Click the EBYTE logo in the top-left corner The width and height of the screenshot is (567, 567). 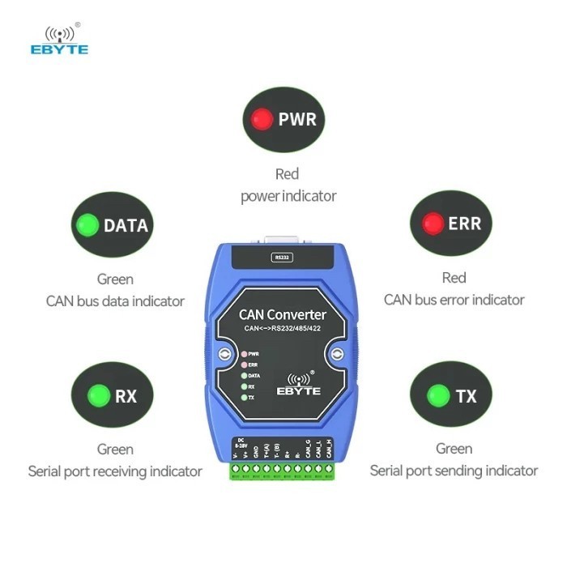59,40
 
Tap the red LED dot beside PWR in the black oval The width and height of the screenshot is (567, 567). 261,120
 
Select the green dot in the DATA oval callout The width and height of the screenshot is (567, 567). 87,225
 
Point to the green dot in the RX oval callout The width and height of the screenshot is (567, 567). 99,396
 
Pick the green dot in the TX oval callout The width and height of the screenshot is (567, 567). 439,396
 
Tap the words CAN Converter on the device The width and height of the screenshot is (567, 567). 283,314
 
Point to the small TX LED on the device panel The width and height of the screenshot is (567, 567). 244,398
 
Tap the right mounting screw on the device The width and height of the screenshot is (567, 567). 335,354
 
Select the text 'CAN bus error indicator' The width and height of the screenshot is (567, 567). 454,300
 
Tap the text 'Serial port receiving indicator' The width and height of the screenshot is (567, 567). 115,471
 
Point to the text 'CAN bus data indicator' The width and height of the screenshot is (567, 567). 115,301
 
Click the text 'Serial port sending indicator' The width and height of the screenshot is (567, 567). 454,470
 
